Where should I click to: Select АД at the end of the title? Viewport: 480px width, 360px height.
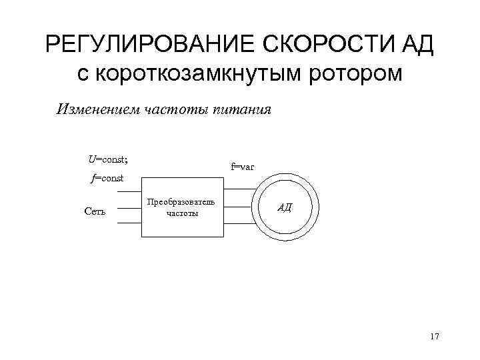(x=417, y=45)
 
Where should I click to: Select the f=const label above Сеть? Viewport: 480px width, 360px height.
(x=107, y=178)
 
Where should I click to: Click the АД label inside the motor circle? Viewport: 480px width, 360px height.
(x=284, y=207)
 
